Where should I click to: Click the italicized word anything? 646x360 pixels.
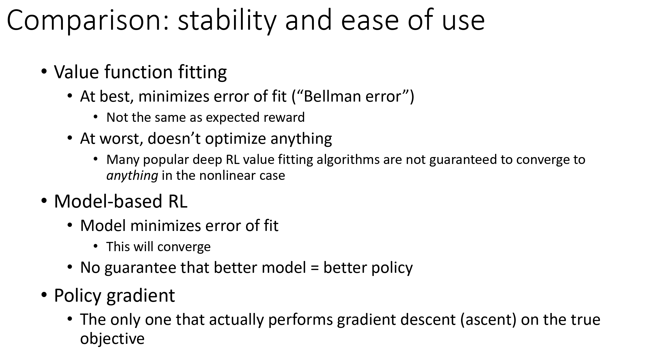tap(132, 176)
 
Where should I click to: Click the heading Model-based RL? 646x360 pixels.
tap(121, 201)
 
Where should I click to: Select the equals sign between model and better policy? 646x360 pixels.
tap(314, 268)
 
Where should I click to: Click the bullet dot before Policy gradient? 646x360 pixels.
tap(44, 295)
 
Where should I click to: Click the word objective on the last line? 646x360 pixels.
tap(112, 339)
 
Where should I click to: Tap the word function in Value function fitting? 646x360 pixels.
tap(138, 72)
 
